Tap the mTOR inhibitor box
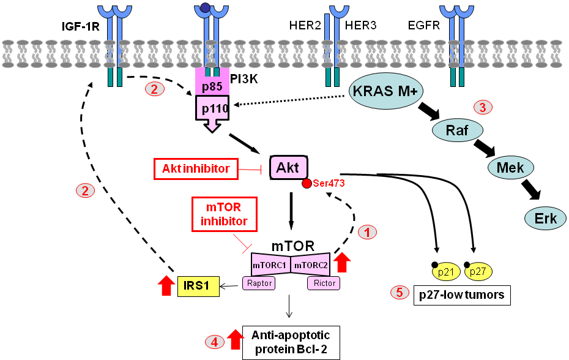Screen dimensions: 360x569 tap(222, 214)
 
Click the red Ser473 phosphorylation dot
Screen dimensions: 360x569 tap(307, 184)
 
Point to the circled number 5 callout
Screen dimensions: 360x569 tap(399, 293)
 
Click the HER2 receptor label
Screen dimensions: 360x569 tap(304, 26)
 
